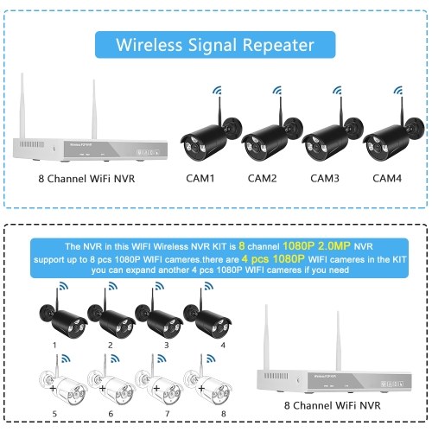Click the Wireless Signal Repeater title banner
pos(215,45)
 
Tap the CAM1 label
pos(200,178)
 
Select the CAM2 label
pos(262,178)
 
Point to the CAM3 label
pos(325,178)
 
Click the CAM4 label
pos(387,178)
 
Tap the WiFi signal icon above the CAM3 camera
pos(337,90)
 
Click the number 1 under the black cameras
pos(54,345)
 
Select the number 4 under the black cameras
pos(223,345)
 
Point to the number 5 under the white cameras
pos(54,414)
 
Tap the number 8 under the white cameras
pos(224,414)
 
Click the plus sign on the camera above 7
pos(156,389)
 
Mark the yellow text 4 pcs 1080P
pos(273,259)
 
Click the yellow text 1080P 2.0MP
pos(316,245)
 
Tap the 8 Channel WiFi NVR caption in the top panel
pos(86,179)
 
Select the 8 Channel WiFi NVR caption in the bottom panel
pos(333,405)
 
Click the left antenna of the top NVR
pos(22,105)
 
